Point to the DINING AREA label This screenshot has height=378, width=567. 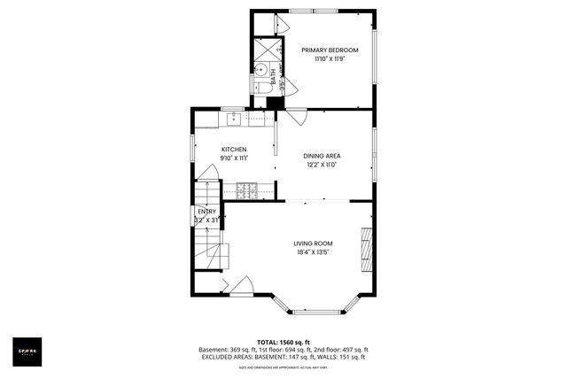(x=322, y=155)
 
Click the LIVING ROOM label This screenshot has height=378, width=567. (x=313, y=243)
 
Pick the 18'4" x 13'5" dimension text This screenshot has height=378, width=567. (x=313, y=252)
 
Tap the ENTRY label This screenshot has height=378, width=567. (x=206, y=212)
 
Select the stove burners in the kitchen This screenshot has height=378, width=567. (x=245, y=189)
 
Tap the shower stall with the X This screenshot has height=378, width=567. (x=263, y=48)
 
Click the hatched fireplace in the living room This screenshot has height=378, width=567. (x=367, y=251)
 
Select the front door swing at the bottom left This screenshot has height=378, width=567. (x=239, y=285)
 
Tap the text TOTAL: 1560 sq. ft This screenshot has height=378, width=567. (x=283, y=342)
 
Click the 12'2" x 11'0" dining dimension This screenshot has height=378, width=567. (x=322, y=165)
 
